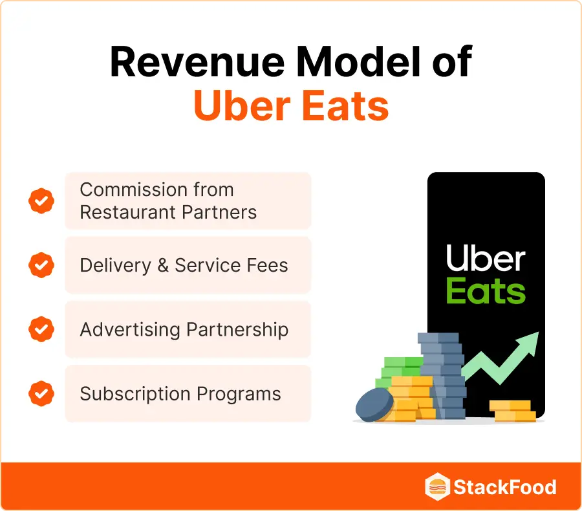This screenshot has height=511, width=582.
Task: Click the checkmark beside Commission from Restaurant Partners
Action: point(41,201)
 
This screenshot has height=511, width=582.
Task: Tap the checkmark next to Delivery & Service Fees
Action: point(41,265)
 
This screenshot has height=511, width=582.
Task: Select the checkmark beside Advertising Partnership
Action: point(41,329)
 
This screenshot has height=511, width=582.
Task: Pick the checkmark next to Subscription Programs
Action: point(41,393)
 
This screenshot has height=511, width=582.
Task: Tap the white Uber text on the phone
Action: point(486,260)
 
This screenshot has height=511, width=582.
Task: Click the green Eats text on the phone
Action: point(486,291)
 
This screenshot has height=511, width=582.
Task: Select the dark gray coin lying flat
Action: point(374,406)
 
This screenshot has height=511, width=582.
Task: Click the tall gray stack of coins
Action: point(442,375)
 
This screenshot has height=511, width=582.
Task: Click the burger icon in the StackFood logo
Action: point(436,486)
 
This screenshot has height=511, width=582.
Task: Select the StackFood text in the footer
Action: point(504,486)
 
